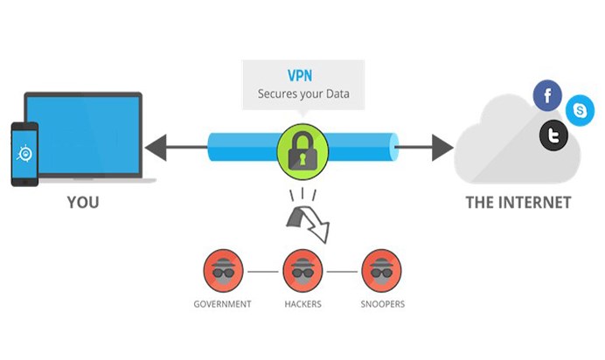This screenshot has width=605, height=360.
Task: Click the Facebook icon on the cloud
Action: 547,95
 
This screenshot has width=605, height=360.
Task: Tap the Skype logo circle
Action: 580,110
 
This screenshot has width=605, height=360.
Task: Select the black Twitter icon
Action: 553,135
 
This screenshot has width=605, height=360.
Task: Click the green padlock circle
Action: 302,151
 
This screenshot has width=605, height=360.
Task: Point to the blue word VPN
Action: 300,75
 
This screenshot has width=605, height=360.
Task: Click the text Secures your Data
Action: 303,93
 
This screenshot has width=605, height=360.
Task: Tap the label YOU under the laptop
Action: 83,203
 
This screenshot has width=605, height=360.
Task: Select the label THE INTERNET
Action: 518,203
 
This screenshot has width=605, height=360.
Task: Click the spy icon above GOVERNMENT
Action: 223,271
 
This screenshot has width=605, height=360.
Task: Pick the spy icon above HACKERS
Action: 302,271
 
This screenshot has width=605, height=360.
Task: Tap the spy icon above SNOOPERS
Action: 381,271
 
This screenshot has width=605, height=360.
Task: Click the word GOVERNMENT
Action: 222,304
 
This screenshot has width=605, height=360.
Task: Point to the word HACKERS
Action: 302,304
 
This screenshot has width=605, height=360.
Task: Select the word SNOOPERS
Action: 383,304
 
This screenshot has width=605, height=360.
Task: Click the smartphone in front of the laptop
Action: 24,154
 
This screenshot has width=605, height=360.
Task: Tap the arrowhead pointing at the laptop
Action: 156,148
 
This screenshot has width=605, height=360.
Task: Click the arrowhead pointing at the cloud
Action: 442,148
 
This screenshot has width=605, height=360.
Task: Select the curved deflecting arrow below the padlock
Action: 308,224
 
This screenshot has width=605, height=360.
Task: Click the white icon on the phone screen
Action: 24,154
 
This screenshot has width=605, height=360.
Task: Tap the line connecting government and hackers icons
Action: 263,272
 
